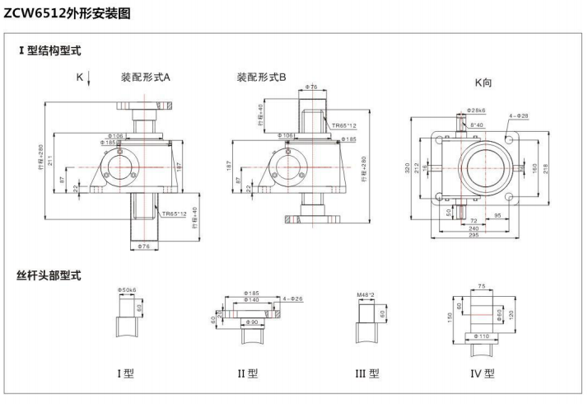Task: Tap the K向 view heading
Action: (x=483, y=82)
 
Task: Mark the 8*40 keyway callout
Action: (x=477, y=125)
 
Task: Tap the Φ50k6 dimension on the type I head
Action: (x=127, y=290)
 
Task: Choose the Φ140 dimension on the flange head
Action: (x=252, y=301)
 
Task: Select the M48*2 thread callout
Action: (x=366, y=294)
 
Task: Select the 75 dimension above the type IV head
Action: (x=482, y=286)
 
